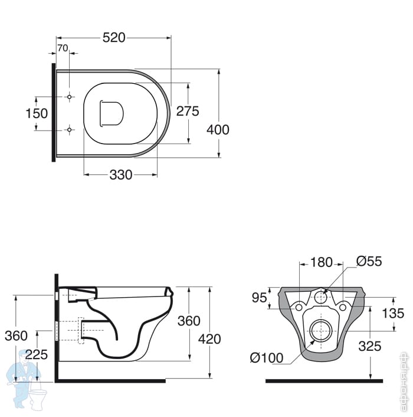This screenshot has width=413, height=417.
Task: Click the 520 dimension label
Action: tap(114, 38)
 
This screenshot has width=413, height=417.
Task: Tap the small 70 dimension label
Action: tap(63, 48)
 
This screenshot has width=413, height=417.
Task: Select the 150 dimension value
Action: tap(37, 113)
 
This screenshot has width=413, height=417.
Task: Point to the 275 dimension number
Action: tap(188, 111)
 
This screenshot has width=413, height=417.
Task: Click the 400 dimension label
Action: tap(218, 130)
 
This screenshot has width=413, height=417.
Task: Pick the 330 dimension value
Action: tap(121, 175)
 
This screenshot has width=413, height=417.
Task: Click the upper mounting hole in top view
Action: tap(69, 97)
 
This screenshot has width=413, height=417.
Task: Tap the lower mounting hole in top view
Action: tap(69, 130)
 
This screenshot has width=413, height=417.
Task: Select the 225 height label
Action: tap(37, 354)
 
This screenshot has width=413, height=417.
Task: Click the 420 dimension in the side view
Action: tap(209, 339)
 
